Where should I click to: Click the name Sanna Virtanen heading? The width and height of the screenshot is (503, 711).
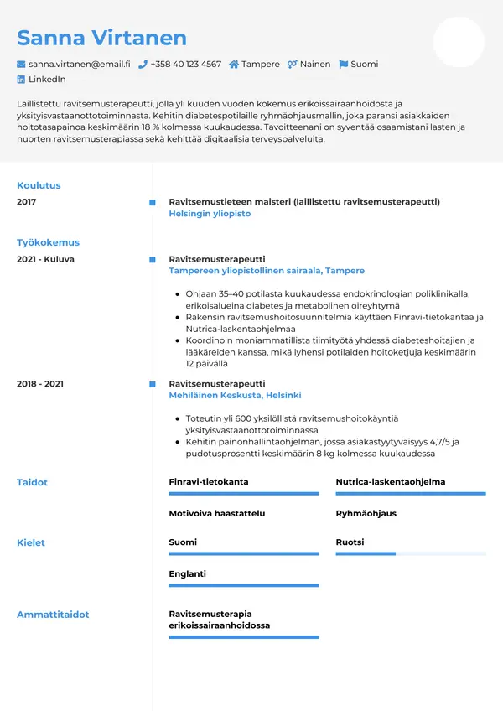point(101,38)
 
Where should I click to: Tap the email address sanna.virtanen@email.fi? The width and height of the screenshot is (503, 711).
point(79,64)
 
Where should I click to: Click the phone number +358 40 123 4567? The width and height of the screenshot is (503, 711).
point(185,64)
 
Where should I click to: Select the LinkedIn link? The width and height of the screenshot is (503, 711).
point(47,80)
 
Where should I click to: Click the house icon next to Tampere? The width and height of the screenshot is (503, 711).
point(234,64)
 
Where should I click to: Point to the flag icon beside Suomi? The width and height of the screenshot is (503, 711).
point(344,64)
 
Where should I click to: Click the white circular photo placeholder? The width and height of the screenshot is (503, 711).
point(459,42)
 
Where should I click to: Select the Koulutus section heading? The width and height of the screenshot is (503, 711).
point(39,185)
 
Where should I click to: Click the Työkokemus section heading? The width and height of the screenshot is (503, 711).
point(48,242)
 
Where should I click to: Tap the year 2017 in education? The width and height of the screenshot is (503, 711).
point(27,202)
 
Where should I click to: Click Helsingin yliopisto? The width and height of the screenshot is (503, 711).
point(210,214)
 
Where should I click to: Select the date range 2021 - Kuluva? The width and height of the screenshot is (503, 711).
point(45,259)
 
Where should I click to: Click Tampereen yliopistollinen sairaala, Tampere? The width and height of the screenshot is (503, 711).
point(267,271)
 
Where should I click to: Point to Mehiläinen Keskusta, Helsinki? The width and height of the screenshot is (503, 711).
point(235,395)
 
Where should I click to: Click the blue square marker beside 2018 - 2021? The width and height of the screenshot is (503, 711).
point(152,384)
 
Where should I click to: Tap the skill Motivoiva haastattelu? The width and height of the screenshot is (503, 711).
point(216,513)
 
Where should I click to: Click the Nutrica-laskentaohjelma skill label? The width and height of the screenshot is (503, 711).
point(390,482)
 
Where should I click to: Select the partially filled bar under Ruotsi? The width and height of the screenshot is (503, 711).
point(366,554)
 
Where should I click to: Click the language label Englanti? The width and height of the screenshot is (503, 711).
point(187,574)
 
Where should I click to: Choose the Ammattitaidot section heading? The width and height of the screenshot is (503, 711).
point(53,615)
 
